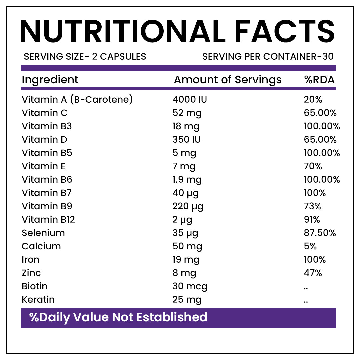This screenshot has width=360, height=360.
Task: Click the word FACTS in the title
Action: (284, 32)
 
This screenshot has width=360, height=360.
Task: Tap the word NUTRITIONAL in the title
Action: (123, 32)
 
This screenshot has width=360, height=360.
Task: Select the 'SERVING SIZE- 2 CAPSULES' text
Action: (85, 56)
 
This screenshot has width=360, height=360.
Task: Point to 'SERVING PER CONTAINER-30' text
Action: (268, 56)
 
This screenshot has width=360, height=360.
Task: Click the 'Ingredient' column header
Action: (50, 80)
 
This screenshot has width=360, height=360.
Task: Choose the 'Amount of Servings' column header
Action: (228, 80)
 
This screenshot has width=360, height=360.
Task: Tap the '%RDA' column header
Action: (319, 80)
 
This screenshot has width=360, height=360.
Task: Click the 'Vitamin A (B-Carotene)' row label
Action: (77, 100)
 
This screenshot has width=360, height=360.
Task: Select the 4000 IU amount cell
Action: (190, 100)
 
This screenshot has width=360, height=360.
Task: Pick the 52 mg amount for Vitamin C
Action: (187, 113)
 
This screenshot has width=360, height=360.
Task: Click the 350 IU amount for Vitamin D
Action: (187, 139)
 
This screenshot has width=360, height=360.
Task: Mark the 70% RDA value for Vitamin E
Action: (313, 166)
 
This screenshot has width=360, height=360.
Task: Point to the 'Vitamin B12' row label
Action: (48, 219)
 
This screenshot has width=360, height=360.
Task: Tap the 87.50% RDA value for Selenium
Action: (320, 233)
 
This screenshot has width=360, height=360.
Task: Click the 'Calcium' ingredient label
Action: (41, 246)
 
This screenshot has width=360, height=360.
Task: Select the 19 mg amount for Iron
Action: (187, 259)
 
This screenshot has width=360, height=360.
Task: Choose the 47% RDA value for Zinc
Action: (313, 273)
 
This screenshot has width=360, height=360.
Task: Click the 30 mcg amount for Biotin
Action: (190, 286)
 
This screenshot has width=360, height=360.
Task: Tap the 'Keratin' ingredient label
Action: (38, 299)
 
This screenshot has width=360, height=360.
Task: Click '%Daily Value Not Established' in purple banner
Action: (118, 317)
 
